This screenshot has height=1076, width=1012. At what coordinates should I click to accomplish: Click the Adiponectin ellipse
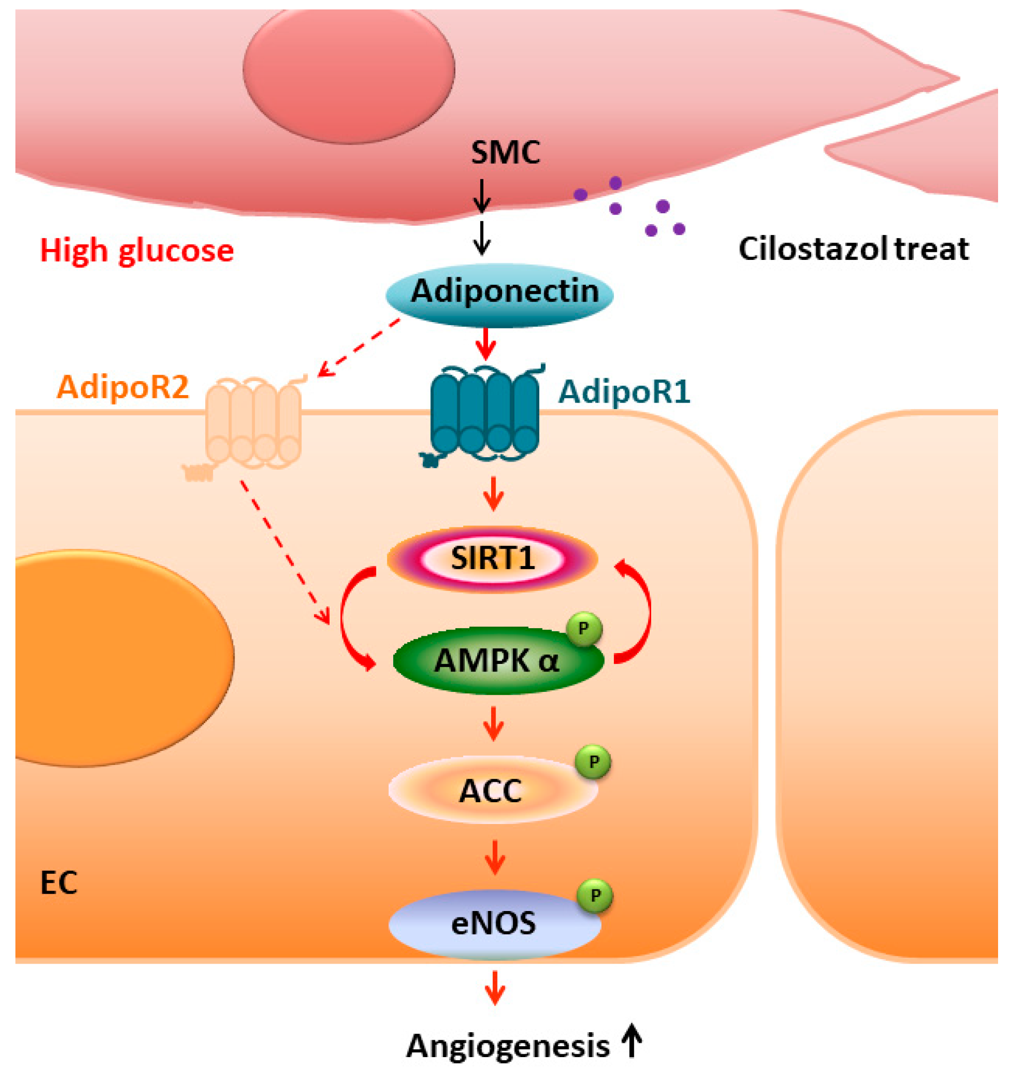point(499,296)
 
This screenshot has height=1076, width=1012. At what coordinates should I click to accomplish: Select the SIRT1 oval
point(492,559)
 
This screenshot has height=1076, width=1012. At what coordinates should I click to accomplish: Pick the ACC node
point(493,791)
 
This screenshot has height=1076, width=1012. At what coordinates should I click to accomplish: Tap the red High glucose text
point(137,251)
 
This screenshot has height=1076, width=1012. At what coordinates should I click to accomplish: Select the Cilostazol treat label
point(853,250)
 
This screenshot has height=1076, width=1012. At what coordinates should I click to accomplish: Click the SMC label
point(505,153)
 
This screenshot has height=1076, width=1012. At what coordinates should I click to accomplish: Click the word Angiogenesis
point(507,1047)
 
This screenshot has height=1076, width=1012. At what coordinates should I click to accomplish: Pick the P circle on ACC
point(593,762)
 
